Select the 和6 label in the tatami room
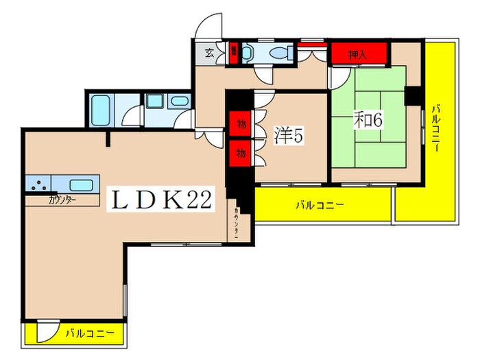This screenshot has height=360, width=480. coord(368,119)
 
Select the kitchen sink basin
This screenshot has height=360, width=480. coord(80,184)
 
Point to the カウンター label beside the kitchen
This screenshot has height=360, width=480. coord(62,200)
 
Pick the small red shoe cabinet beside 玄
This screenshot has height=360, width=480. coord(234,53)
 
